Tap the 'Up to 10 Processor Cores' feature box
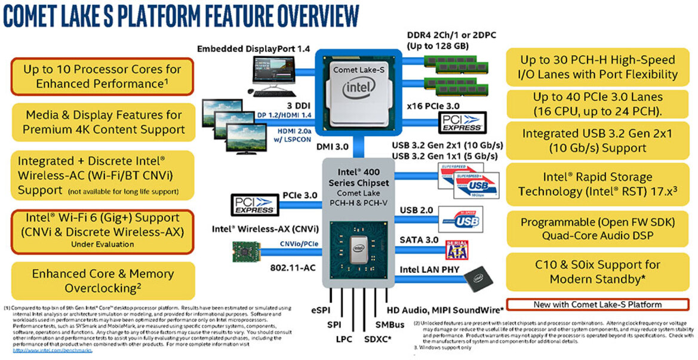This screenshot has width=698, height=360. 101,76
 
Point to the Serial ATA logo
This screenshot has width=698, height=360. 457,249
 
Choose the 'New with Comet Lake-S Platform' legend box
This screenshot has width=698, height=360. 597,304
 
